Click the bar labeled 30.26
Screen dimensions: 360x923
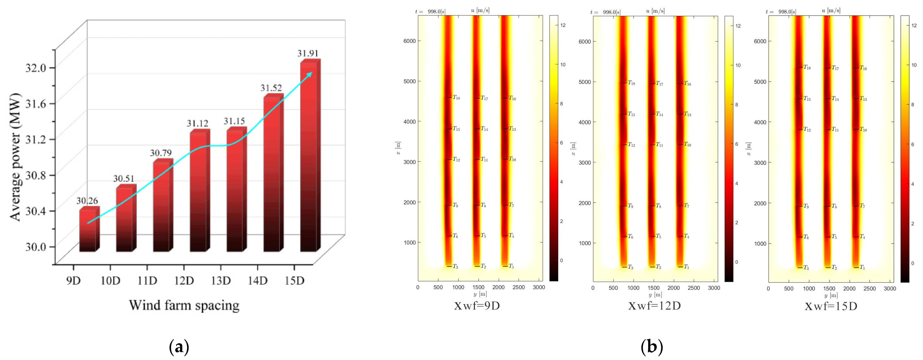click(88, 231)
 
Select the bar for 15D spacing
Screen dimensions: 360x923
click(309, 158)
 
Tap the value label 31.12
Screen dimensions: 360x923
click(197, 124)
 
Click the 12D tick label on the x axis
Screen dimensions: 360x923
click(184, 280)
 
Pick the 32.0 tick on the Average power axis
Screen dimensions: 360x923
click(35, 68)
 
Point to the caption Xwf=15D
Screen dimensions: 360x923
click(831, 306)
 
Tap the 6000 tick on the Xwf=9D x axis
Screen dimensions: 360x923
click(410, 41)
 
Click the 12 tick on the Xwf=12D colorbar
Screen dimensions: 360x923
click(738, 26)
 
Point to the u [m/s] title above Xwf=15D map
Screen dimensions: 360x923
click(831, 11)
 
